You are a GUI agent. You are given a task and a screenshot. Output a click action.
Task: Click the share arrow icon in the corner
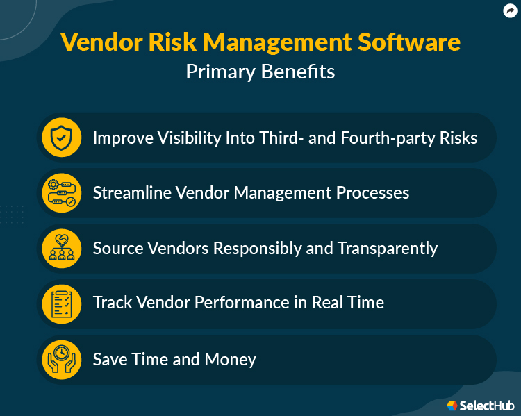(x=511, y=10)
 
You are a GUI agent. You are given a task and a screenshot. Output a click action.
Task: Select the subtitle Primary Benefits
(x=260, y=72)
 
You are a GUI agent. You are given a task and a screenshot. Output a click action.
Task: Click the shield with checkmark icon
(x=62, y=138)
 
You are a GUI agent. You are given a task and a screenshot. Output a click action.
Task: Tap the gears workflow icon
(x=62, y=193)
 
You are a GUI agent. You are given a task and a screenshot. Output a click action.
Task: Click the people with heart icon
(x=62, y=249)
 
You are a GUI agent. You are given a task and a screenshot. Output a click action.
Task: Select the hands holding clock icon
(x=62, y=360)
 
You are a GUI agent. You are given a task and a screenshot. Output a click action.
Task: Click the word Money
(x=231, y=360)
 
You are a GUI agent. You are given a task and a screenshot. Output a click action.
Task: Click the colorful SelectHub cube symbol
(x=452, y=405)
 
